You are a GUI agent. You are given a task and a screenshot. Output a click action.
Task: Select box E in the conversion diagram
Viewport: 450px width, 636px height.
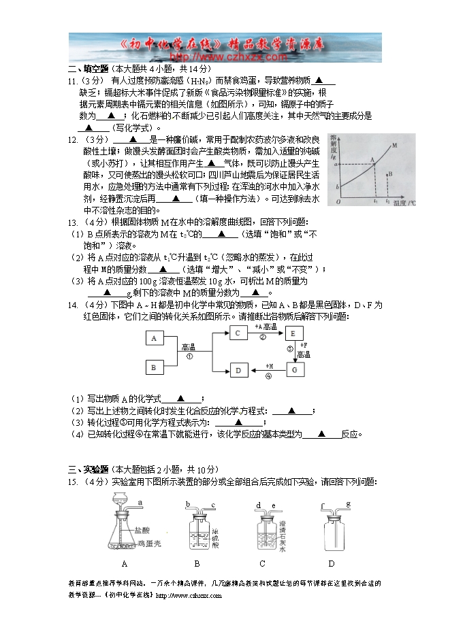click(293, 333)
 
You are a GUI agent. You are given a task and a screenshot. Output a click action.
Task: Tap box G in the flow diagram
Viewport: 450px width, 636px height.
click(293, 369)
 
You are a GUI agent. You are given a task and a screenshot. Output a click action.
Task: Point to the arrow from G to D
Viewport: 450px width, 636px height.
click(267, 370)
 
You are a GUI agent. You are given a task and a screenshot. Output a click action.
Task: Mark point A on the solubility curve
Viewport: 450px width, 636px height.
click(373, 163)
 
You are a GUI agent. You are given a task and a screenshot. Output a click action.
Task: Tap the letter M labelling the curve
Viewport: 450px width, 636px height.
click(395, 145)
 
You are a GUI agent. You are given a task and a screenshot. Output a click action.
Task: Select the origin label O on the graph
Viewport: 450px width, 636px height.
click(338, 202)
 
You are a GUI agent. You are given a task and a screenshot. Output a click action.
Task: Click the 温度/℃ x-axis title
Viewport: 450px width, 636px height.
click(404, 203)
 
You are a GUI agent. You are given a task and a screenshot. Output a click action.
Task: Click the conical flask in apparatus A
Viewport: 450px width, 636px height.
click(125, 537)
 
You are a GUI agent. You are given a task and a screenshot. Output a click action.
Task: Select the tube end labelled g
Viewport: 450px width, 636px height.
click(348, 504)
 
